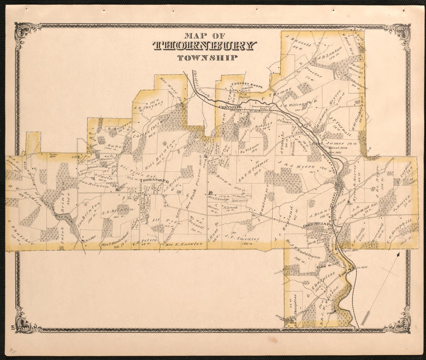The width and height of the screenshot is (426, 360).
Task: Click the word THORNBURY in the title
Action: pyautogui.click(x=204, y=45)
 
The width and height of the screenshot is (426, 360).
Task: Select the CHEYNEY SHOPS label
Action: pyautogui.click(x=247, y=86)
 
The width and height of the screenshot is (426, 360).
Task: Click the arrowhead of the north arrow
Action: pyautogui.click(x=399, y=255)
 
